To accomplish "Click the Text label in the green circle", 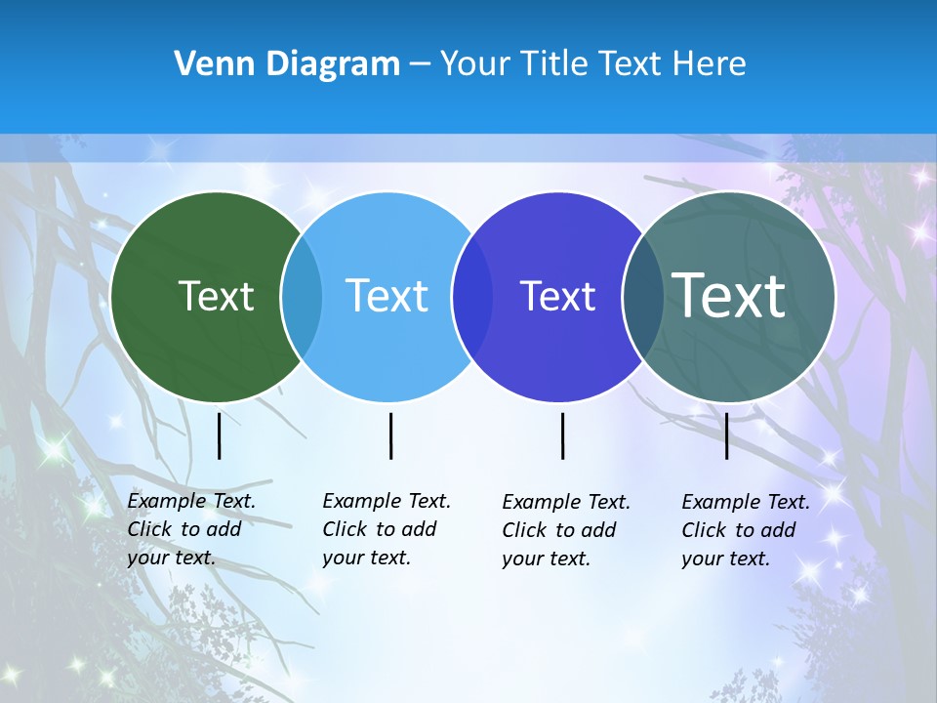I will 217,296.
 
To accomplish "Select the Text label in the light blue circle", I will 387,296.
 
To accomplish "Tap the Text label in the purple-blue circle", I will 557,296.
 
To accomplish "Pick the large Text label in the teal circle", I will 729,295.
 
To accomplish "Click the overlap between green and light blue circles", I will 302,297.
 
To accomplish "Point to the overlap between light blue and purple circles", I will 472,297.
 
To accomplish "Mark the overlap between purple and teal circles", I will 643,297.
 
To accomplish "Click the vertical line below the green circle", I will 220,435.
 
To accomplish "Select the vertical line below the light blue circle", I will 390,435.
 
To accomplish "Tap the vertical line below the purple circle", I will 563,435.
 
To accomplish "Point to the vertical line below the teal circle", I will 727,435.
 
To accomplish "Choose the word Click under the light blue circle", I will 345,529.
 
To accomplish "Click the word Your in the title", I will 476,63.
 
